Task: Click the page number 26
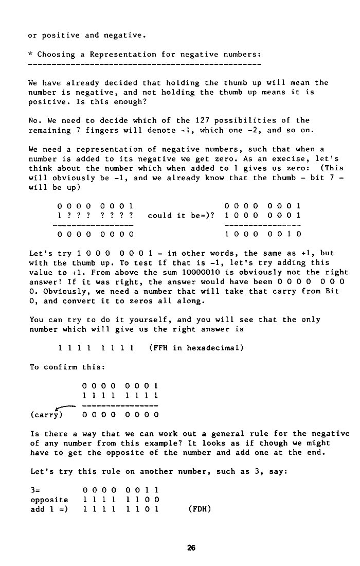(191, 548)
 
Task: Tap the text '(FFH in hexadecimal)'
(196, 347)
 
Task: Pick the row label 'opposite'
(49, 500)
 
